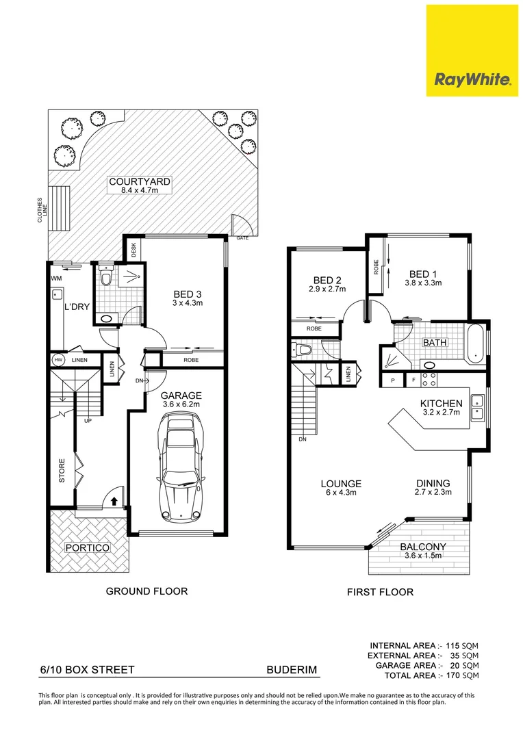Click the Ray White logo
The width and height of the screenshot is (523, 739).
[x=472, y=51]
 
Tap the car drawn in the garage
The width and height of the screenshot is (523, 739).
[x=183, y=467]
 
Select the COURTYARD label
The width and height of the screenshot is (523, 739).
[x=140, y=181]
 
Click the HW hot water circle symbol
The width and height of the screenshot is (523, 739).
[x=58, y=360]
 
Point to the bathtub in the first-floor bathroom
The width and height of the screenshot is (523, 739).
[x=476, y=343]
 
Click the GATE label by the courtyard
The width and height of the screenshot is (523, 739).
[x=242, y=238]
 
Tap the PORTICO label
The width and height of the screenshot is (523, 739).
[x=88, y=547]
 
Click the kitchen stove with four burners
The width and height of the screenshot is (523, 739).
[x=429, y=380]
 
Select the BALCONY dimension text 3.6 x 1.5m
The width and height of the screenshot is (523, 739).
[x=423, y=556]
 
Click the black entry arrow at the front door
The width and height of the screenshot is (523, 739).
[x=114, y=500]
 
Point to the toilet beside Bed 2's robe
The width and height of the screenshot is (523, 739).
[x=303, y=350]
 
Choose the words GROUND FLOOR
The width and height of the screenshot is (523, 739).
[x=146, y=591]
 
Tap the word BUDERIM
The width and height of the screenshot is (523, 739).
[x=292, y=670]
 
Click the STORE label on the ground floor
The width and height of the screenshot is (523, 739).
[x=62, y=471]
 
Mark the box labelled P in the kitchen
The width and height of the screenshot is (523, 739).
[x=393, y=380]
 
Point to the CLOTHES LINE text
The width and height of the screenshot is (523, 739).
[x=42, y=210]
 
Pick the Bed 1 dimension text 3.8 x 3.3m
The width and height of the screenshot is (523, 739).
[x=423, y=283]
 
